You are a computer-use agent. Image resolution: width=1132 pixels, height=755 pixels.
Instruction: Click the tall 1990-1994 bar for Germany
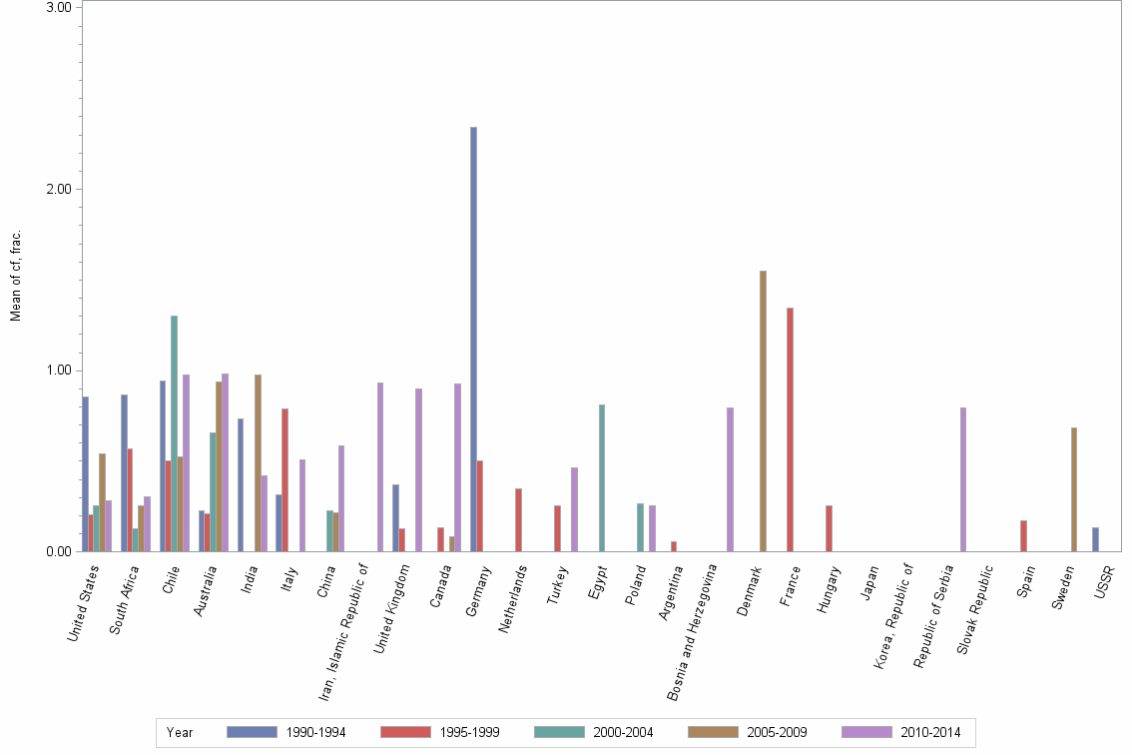pos(473,340)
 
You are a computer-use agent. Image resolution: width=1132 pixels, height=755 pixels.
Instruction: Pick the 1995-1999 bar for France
pos(790,429)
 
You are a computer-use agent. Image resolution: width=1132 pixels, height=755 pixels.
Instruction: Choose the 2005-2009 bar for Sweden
pos(1074,489)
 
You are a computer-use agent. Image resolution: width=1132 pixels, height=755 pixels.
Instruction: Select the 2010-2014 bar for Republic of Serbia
pos(963,479)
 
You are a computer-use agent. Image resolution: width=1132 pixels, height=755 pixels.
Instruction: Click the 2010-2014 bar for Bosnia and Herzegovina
pos(731,479)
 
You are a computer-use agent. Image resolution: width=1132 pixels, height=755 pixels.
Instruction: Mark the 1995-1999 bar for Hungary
pos(829,528)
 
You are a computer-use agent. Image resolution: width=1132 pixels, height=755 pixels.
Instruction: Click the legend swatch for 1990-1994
pos(252,732)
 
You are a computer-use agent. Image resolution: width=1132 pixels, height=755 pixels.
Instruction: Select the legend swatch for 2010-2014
pos(866,732)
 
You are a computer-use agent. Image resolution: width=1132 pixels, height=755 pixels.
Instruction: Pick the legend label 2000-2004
pos(622,733)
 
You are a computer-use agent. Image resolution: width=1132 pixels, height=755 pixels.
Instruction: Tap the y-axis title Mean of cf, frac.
pos(15,276)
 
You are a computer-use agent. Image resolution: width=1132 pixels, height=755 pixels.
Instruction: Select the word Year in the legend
pos(180,733)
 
